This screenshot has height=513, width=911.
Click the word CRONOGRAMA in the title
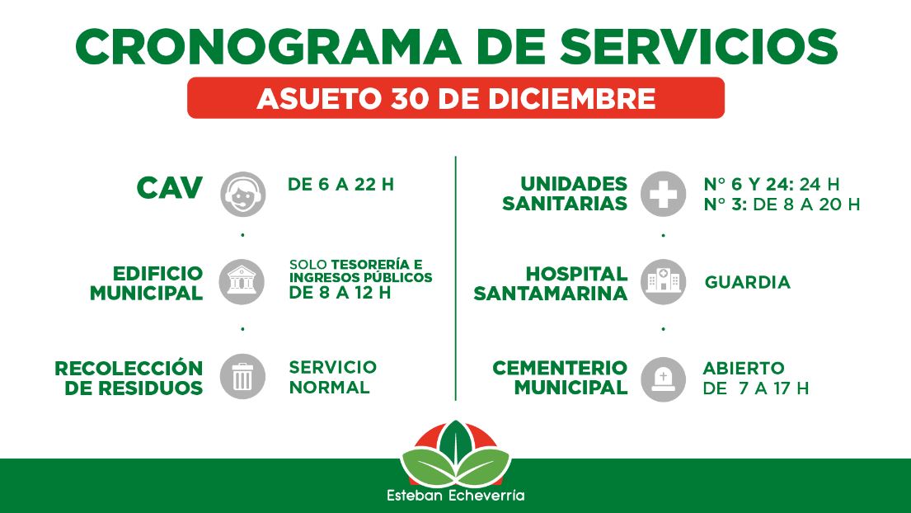click(x=269, y=46)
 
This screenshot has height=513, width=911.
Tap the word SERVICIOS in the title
click(x=698, y=46)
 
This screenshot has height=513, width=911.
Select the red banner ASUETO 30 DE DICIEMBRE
click(x=455, y=97)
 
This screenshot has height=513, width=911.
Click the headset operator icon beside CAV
click(x=243, y=194)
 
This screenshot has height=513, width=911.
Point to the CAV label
click(x=170, y=188)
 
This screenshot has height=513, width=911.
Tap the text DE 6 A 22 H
click(x=340, y=185)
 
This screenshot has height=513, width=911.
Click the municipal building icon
click(x=242, y=282)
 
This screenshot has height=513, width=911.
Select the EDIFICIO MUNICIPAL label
click(x=147, y=284)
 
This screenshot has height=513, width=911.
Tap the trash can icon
click(x=242, y=376)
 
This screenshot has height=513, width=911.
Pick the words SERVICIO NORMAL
click(x=332, y=377)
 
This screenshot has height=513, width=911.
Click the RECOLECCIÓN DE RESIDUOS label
click(x=129, y=378)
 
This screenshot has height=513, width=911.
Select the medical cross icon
click(x=664, y=194)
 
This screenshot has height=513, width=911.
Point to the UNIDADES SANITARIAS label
click(x=565, y=194)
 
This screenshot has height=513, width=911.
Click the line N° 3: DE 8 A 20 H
click(x=782, y=205)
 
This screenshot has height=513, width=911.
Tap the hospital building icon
click(x=664, y=282)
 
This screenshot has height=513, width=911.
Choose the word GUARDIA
click(x=747, y=282)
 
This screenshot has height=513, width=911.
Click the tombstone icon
click(x=664, y=379)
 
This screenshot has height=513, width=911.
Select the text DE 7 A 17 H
click(x=755, y=388)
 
